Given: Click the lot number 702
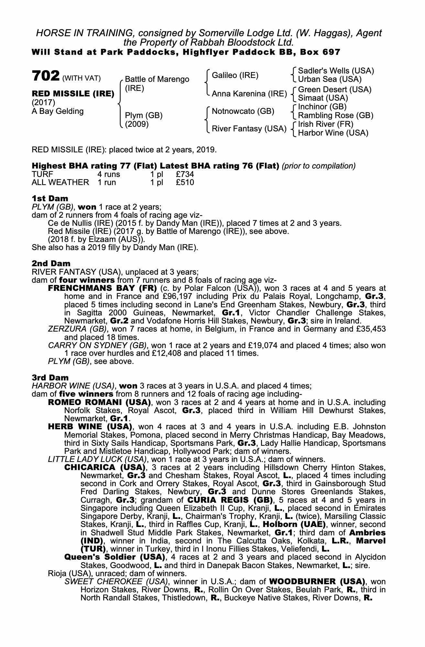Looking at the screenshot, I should [x=46, y=76].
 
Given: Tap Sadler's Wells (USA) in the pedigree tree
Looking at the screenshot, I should [x=336, y=71].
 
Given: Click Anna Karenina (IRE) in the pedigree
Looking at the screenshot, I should [x=249, y=94].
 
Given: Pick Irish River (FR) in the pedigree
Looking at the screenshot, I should [x=326, y=124].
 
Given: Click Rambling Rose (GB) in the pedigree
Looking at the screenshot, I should [x=335, y=115].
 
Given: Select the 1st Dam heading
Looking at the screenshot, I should [x=50, y=198].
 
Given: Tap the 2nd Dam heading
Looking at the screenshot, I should [x=51, y=263].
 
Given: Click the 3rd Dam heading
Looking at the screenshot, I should [x=50, y=378].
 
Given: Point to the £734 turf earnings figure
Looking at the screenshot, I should [x=185, y=174].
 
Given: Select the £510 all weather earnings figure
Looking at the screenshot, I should [x=185, y=182].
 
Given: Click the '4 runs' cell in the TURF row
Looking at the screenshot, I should [x=109, y=174].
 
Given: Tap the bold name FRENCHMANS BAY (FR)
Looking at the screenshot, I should [x=102, y=288].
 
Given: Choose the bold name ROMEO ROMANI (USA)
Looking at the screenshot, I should [x=99, y=402].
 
